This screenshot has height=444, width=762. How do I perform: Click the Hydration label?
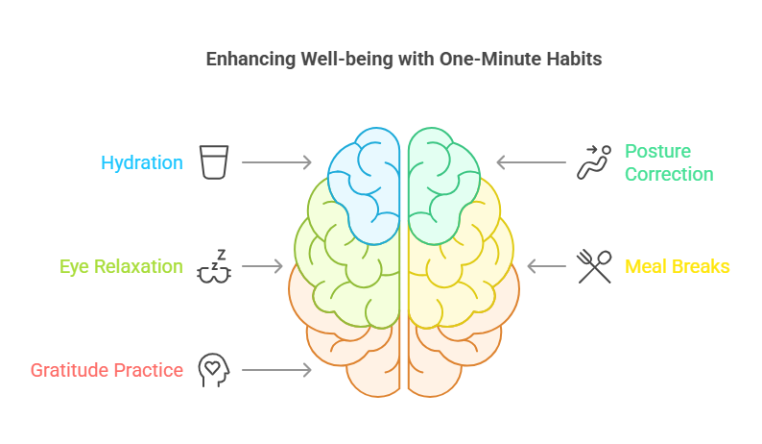[142, 162]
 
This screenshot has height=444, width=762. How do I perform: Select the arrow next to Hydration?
[276, 162]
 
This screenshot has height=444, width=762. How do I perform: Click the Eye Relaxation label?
[121, 266]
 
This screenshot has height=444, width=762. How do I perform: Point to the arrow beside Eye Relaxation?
[262, 266]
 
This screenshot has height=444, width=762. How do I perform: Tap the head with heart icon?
[212, 370]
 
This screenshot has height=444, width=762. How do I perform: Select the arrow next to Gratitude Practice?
[276, 370]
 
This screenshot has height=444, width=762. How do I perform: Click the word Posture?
[658, 152]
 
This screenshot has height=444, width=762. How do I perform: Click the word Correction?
[669, 174]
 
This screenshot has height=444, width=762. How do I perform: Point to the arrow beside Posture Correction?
[531, 162]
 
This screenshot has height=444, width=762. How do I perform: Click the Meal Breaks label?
[678, 266]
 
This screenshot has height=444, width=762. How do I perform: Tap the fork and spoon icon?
[594, 266]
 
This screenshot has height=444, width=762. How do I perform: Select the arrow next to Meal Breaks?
[546, 266]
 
